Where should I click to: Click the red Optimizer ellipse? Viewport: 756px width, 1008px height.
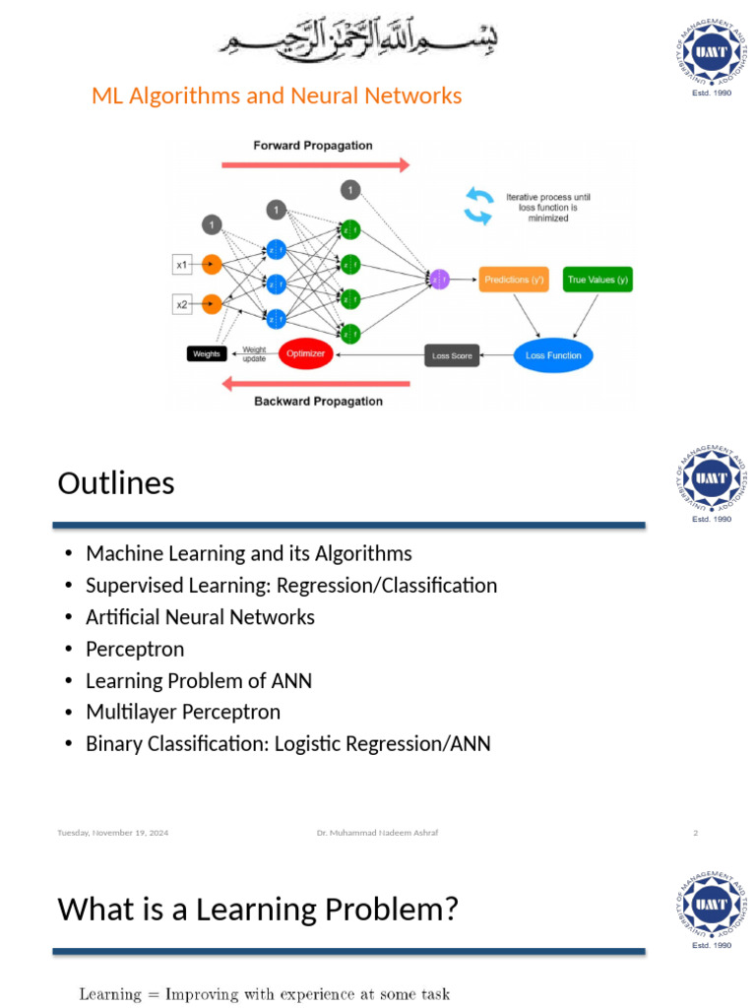coord(306,353)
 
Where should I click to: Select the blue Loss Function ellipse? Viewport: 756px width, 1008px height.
coord(553,355)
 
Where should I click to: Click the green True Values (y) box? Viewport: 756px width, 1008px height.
coord(598,281)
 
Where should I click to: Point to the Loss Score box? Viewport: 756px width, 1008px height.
coord(452,355)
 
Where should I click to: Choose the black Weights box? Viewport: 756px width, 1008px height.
coord(207,354)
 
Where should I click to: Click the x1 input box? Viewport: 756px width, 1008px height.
coord(182,265)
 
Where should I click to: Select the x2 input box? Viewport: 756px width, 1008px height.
coord(182,305)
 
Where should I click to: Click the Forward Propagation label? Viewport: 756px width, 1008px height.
coord(313,146)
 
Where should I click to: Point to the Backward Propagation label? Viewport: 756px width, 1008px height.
coord(318,402)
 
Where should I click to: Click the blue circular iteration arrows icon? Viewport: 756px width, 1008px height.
coord(479,206)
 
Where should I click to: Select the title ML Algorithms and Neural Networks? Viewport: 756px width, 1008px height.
coord(277,95)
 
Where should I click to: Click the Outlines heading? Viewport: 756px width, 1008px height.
coord(116,483)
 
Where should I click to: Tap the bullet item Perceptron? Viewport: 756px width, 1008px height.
coord(135,649)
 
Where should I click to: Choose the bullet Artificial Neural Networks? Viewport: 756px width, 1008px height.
coord(200,617)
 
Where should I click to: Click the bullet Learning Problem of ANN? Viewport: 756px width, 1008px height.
coord(199,680)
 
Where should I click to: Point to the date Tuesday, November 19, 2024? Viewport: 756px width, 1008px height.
coord(112,833)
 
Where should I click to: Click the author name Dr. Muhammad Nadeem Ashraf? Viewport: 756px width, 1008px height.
coord(377,833)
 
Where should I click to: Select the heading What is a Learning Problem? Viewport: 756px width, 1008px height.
coord(258,909)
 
